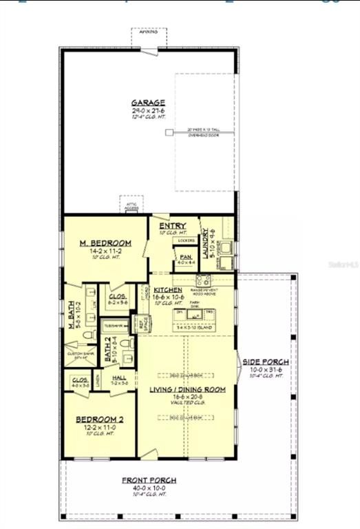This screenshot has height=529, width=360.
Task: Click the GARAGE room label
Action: click(x=148, y=103)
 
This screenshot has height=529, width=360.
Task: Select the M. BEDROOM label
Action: click(x=105, y=243)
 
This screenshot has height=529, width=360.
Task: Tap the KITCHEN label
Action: click(x=167, y=291)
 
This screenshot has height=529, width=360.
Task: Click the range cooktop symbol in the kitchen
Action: click(x=203, y=280)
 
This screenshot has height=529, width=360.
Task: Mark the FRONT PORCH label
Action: click(x=149, y=480)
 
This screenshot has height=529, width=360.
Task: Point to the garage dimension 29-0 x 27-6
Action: click(x=148, y=111)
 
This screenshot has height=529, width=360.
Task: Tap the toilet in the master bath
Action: click(x=87, y=336)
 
